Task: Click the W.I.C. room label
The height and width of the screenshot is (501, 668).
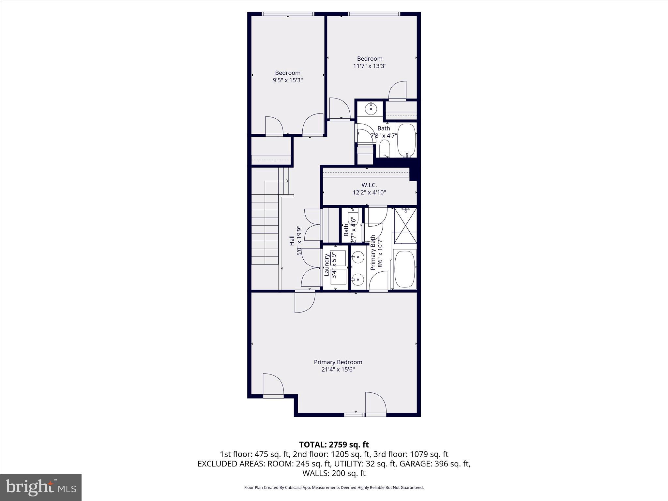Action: [x=369, y=185]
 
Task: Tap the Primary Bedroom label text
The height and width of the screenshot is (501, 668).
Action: [x=338, y=362]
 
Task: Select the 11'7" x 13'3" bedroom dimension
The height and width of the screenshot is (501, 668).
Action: [x=370, y=66]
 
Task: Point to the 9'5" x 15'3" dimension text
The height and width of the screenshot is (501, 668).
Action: [x=288, y=80]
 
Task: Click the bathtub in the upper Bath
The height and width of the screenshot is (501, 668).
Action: [x=406, y=140]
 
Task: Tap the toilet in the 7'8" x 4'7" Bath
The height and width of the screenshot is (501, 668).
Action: [x=385, y=149]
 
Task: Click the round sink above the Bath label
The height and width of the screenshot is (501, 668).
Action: [x=371, y=109]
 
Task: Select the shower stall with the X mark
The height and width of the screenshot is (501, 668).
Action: [x=405, y=225]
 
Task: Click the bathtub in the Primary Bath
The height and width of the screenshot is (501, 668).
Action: [x=405, y=269]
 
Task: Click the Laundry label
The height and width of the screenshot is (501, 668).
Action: [x=326, y=265]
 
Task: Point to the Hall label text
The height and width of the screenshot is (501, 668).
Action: [x=292, y=241]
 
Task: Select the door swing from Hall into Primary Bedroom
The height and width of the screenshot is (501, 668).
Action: [x=304, y=302]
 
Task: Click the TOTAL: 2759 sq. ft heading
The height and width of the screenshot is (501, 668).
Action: [x=334, y=445]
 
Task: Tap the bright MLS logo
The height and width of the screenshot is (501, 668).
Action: [x=41, y=487]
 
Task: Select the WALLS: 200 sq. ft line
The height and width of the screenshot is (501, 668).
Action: [x=334, y=473]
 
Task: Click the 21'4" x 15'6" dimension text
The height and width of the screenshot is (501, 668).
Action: [x=338, y=370]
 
